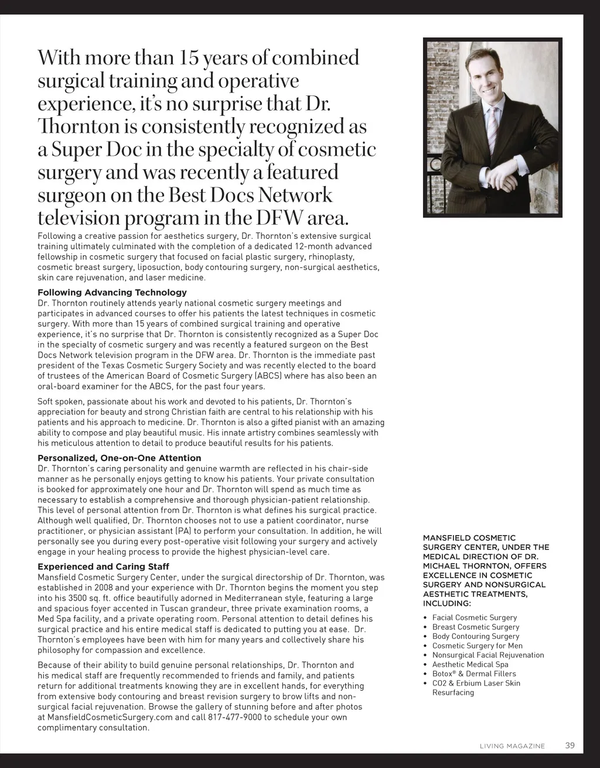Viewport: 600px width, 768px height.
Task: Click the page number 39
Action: pos(570,745)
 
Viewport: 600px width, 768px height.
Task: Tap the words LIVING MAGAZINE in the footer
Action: pos(512,746)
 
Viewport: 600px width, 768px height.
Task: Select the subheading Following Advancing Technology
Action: pos(112,292)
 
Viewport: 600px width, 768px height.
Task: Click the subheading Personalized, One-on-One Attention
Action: pos(119,458)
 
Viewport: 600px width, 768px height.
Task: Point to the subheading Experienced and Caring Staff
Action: pos(103,567)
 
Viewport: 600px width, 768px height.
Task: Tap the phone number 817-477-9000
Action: pos(234,717)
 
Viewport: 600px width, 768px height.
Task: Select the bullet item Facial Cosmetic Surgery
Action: pos(474,618)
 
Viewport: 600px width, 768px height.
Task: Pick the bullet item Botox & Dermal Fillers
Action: pos(474,674)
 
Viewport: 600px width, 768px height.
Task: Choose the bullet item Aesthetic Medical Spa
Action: pos(470,664)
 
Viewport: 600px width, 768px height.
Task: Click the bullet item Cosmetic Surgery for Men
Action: pos(477,646)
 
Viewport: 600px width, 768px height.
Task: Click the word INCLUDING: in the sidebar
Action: pos(446,604)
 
